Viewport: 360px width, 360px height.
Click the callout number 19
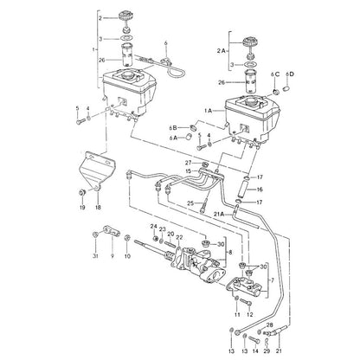point(82,207)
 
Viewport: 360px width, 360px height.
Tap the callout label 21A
point(219,214)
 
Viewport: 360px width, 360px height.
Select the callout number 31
point(95,256)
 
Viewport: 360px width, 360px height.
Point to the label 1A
point(209,111)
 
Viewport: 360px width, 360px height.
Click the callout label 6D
point(290,74)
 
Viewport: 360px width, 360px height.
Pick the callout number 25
point(190,203)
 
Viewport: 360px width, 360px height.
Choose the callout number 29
point(267,351)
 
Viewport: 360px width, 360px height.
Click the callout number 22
point(179,237)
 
